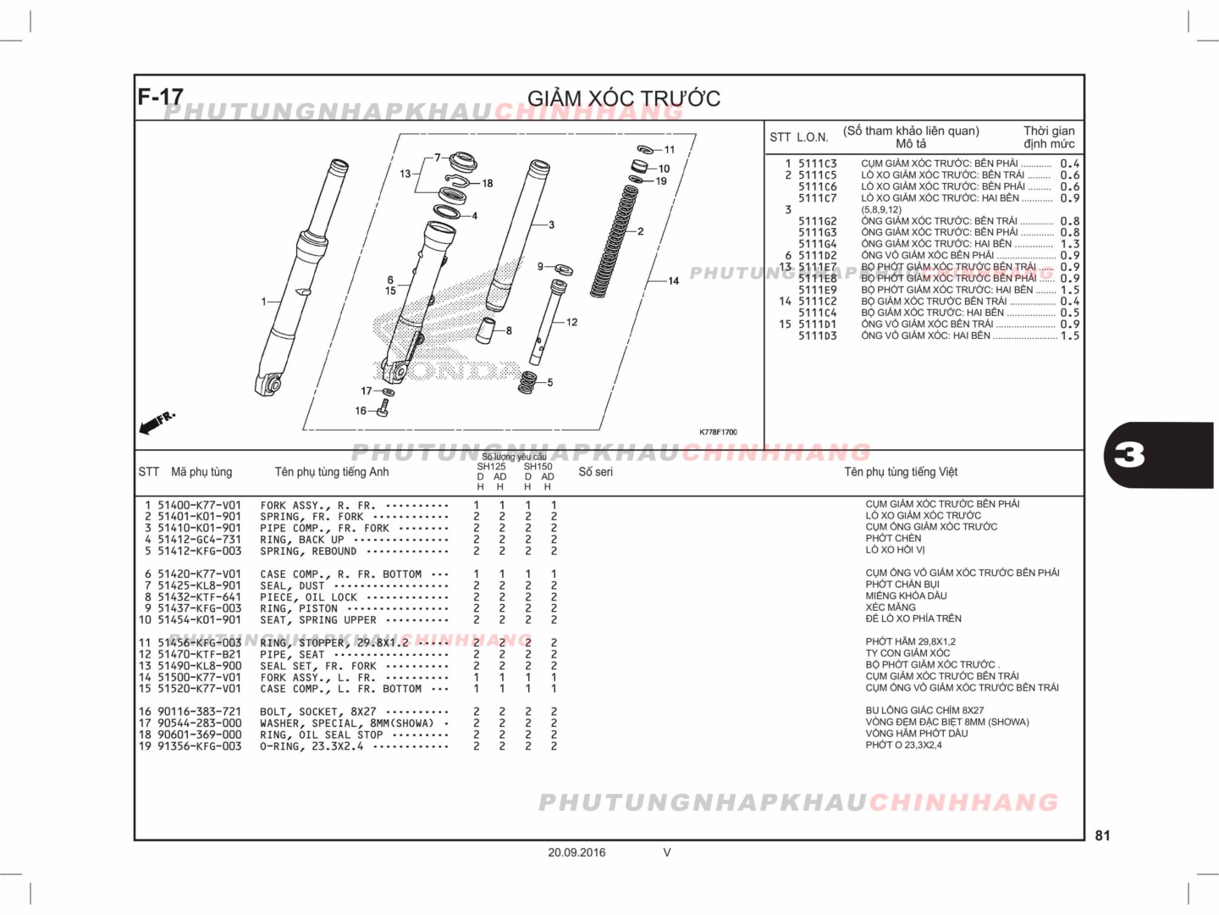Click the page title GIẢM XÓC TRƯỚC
[x=624, y=98]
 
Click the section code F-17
[x=160, y=97]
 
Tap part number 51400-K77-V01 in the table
[x=199, y=505]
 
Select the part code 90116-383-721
[x=199, y=712]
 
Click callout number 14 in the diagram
[x=673, y=280]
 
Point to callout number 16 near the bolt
[x=361, y=411]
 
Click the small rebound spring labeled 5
[x=528, y=382]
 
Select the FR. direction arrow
[x=157, y=421]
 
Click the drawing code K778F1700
[x=718, y=432]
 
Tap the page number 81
[x=1102, y=835]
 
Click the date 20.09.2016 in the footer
[x=576, y=852]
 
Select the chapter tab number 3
[x=1129, y=455]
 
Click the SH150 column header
[x=538, y=467]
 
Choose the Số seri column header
[x=595, y=472]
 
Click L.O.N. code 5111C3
[x=817, y=164]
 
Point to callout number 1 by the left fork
[x=264, y=302]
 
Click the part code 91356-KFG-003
[x=199, y=746]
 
